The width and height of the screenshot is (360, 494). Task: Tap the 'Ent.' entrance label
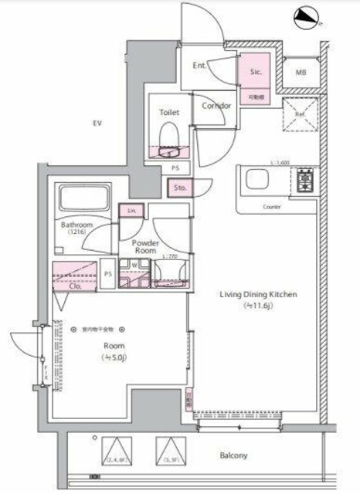(199, 66)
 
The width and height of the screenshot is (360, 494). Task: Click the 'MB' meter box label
(299, 73)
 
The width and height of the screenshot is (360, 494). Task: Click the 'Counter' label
(271, 208)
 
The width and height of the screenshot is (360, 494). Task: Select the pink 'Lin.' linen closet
(132, 210)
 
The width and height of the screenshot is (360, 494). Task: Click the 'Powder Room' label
(147, 247)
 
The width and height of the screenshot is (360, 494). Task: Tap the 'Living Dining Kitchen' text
(259, 295)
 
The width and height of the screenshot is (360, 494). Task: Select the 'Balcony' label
(231, 455)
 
